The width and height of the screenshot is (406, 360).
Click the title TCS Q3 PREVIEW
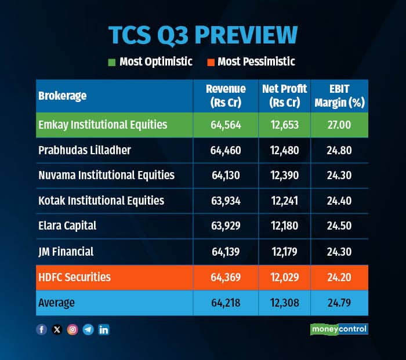click(203, 35)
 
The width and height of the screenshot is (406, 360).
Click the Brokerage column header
click(62, 96)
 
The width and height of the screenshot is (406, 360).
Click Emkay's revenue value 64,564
click(226, 125)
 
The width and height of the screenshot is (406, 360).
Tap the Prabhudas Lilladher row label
click(85, 150)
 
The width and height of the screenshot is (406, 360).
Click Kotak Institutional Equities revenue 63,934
click(226, 201)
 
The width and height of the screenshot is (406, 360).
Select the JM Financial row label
click(66, 252)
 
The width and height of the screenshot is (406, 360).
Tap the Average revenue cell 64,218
click(226, 303)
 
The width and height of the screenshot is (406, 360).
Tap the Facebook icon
click(41, 329)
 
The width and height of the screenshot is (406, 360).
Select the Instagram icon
click(72, 329)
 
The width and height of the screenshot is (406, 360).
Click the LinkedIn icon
click(104, 329)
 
